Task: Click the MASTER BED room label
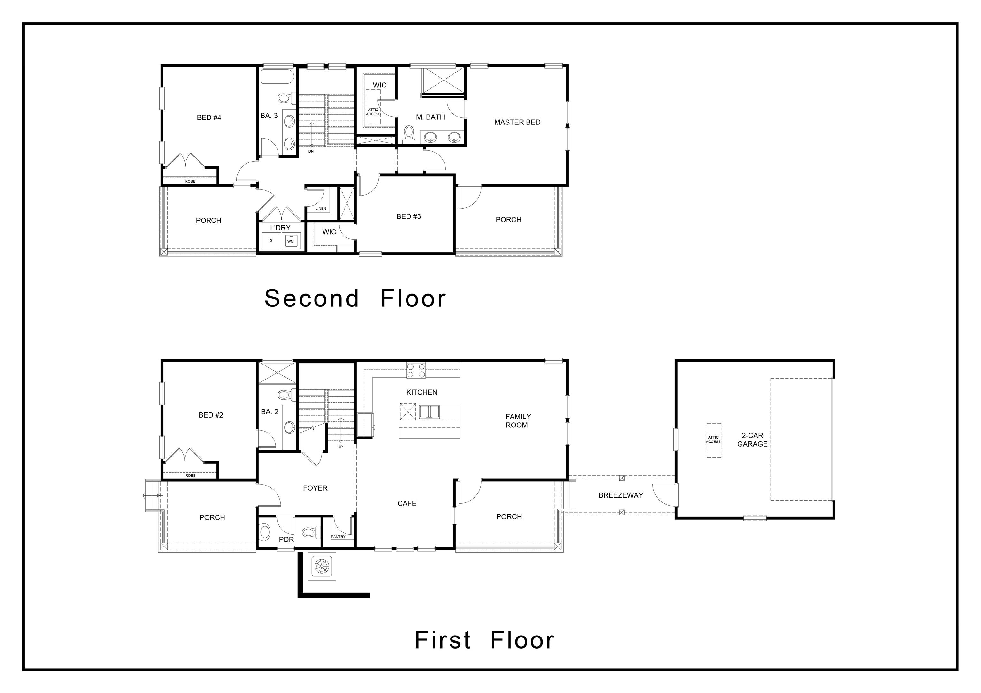coord(517,122)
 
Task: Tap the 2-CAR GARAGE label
coord(752,440)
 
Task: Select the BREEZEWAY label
coord(620,495)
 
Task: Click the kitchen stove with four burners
coord(416,370)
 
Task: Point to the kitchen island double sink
coord(429,411)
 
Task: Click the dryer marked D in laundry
coord(270,241)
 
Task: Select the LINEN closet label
coord(321,209)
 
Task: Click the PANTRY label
coord(338,537)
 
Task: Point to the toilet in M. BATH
coord(409,133)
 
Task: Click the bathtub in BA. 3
coord(277,77)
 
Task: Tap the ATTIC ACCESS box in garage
coord(713,440)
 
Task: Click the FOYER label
coord(315,488)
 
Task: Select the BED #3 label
coord(408,216)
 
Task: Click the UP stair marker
coord(340,447)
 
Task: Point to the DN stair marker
coord(311,151)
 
